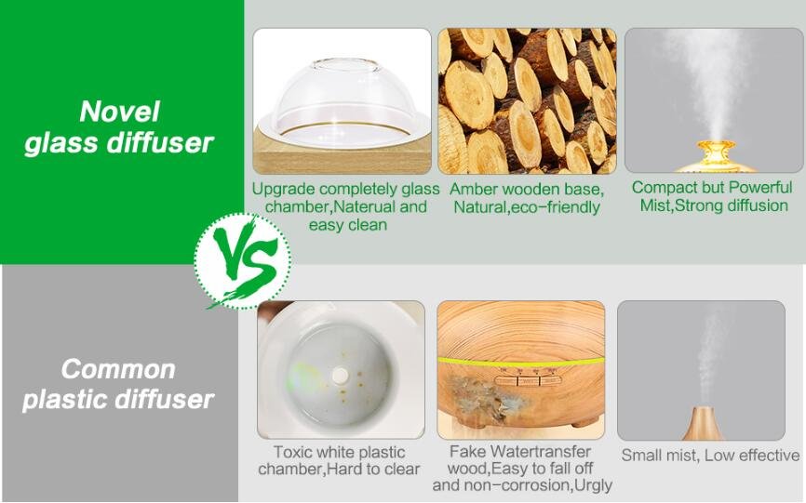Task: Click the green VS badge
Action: coord(243,261)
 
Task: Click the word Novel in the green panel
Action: coord(119,112)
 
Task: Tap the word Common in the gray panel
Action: coord(118,369)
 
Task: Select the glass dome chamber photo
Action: coord(342,101)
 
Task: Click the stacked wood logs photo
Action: coord(527,101)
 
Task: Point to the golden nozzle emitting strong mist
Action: coord(715,155)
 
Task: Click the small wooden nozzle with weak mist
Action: coord(703,423)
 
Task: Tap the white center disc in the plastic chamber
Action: coord(341,376)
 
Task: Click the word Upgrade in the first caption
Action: coord(283,190)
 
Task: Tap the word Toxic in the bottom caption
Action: coord(292,452)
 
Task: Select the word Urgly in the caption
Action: coord(594,485)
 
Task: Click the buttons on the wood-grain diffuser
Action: coord(528,380)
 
